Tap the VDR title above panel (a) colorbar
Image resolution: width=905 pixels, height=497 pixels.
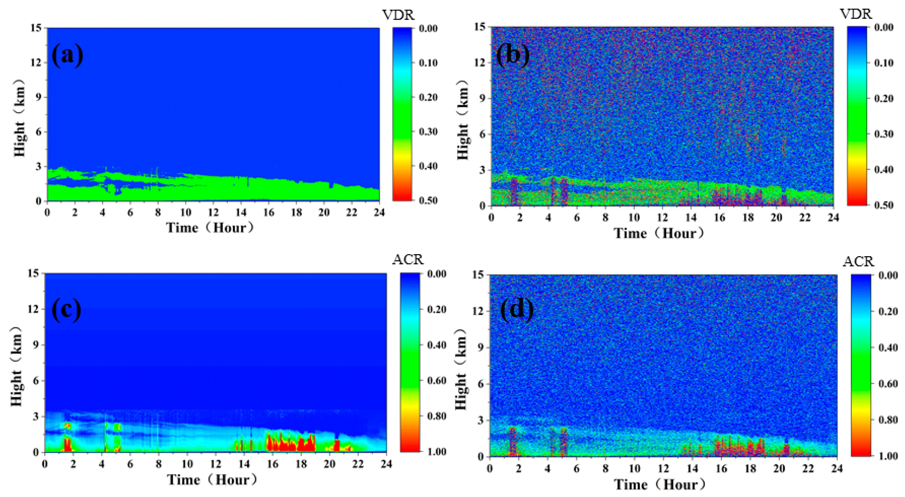click(398, 15)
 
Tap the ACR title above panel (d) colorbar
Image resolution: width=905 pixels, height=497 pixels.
click(858, 261)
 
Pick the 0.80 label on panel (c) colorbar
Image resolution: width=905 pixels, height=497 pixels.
click(436, 416)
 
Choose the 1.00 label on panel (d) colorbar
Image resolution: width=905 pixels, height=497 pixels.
click(887, 456)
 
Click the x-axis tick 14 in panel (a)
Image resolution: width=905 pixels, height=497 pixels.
click(241, 212)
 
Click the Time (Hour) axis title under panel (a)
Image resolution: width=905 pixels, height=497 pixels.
click(210, 228)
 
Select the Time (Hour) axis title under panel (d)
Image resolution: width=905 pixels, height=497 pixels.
click(659, 485)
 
